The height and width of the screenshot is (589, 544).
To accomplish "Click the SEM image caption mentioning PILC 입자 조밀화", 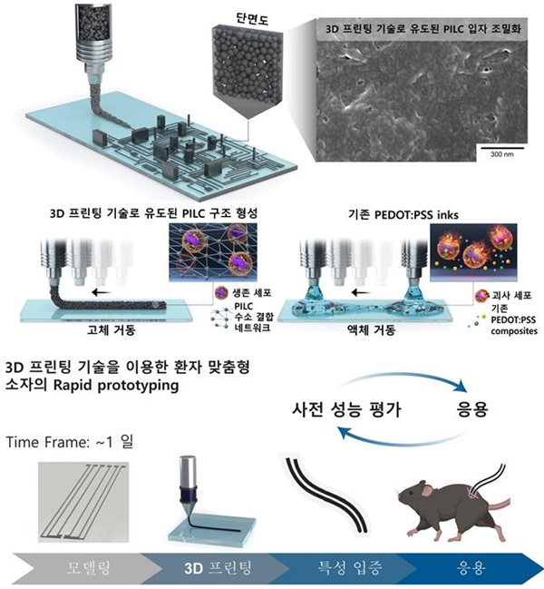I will [424, 27].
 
